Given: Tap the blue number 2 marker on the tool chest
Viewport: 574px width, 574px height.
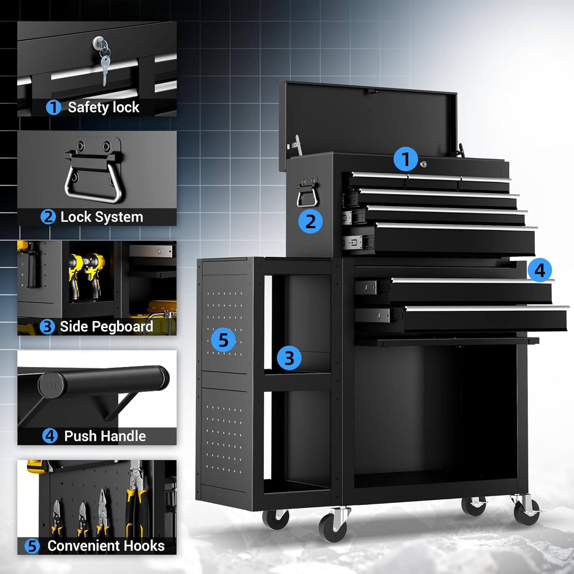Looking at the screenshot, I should (x=310, y=221).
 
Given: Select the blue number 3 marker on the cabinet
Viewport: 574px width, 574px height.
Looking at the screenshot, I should (x=289, y=358).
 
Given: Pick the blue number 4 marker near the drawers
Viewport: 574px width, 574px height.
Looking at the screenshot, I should (x=540, y=270).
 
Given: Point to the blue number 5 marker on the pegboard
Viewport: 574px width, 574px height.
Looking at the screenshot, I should (x=223, y=339).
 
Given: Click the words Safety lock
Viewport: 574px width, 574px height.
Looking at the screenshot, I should (x=103, y=108).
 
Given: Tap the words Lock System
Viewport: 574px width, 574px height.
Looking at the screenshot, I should (x=102, y=217).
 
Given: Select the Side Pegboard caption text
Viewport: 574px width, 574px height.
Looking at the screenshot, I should (x=106, y=326).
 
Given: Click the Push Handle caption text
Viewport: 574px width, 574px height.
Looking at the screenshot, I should (x=105, y=436).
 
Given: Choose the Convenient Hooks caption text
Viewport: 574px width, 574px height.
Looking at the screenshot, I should (x=106, y=546).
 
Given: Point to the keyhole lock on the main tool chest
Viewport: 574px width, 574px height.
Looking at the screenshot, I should (x=424, y=164).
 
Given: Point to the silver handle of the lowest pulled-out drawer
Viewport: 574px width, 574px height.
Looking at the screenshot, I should (x=486, y=308).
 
